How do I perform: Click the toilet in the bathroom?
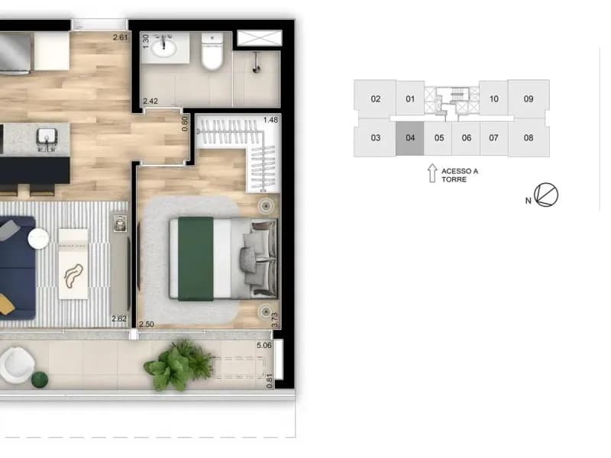tap(212, 51)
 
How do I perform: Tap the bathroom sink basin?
tap(163, 48)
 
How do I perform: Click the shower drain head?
tap(257, 69)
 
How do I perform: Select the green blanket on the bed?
tap(196, 259)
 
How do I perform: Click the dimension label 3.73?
tap(275, 320)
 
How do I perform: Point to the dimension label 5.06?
tap(263, 346)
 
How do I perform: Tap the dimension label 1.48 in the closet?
tap(270, 120)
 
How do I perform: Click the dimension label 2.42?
tap(150, 102)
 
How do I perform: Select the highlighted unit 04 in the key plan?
tap(410, 138)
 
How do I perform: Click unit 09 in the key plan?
tap(529, 99)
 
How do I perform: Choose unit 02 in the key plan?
tap(375, 99)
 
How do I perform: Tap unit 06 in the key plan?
tap(466, 138)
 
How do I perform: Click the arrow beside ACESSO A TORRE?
tap(432, 173)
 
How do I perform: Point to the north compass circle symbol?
tap(546, 195)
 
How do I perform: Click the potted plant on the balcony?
tap(179, 365)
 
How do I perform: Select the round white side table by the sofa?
tap(38, 238)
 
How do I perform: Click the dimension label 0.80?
tap(185, 124)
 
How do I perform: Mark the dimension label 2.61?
tap(120, 37)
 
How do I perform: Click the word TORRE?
tap(454, 179)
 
